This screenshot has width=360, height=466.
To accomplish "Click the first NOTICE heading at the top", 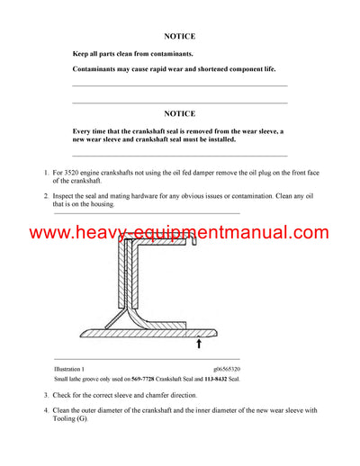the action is pos(179,37).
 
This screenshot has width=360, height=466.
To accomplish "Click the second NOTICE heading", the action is pos(179,114).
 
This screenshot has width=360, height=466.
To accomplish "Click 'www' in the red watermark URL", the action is pos(49,233).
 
